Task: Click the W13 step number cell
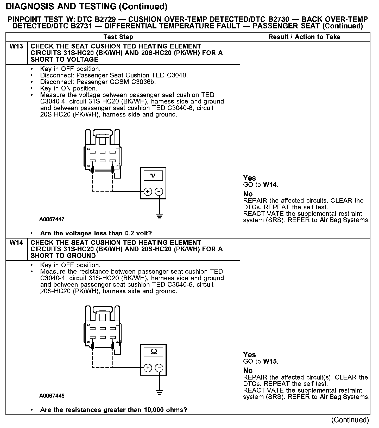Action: (x=16, y=47)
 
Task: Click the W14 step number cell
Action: (x=16, y=243)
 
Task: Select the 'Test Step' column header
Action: (x=118, y=37)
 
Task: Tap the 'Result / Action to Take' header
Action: (x=304, y=37)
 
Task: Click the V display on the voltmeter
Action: (x=153, y=176)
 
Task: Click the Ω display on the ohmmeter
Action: (x=154, y=352)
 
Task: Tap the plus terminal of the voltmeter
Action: (x=148, y=192)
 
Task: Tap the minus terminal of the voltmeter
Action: (x=159, y=192)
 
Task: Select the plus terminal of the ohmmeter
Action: (x=148, y=368)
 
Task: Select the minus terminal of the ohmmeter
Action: (x=159, y=368)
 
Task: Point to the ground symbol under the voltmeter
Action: (x=159, y=216)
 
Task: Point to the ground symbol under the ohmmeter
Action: (x=159, y=392)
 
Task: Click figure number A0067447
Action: (x=52, y=219)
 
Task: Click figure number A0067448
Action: (x=52, y=396)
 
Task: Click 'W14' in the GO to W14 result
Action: (x=270, y=185)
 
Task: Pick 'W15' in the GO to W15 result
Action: (x=270, y=361)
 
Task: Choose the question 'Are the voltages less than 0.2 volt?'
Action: (x=96, y=233)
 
